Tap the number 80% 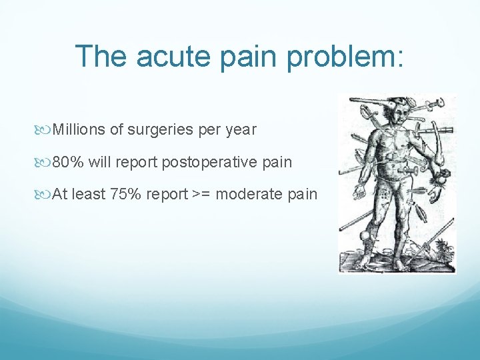coord(66,162)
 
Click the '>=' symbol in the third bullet coord(202,195)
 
